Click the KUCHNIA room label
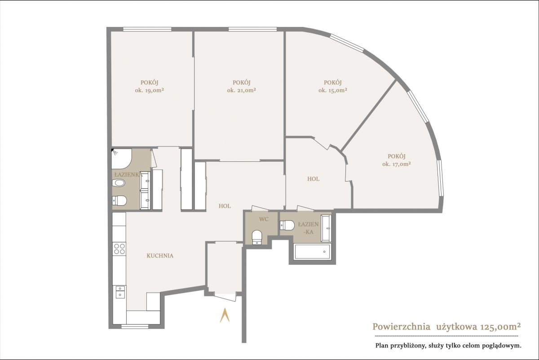pos(160,255)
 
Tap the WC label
pos(264,219)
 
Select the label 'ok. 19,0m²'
pos(150,90)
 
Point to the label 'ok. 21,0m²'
pos(241,90)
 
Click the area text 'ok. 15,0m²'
pos(333,90)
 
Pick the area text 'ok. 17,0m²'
pos(397,164)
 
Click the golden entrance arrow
pos(225,315)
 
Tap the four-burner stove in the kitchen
pos(119,249)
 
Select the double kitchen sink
pos(120,292)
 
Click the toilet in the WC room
pos(257,237)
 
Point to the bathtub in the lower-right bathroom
pos(313,252)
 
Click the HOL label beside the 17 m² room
pos(314,179)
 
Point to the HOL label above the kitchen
pos(225,206)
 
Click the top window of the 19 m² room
pos(147,29)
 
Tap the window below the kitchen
pos(135,327)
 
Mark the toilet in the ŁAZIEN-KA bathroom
pos(287,225)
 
